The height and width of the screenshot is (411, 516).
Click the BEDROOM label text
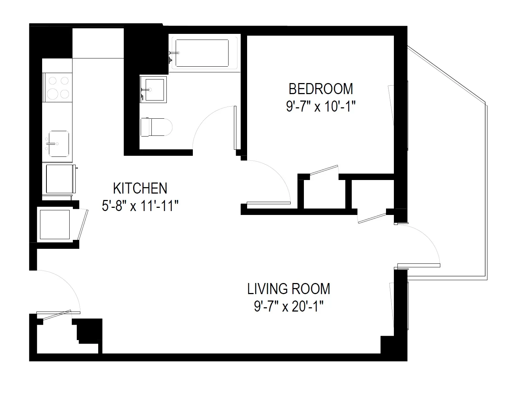(321, 88)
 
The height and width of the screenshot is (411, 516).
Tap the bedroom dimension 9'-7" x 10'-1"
(321, 107)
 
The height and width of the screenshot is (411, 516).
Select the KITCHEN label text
(140, 188)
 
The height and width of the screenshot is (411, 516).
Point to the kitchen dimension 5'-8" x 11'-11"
(140, 206)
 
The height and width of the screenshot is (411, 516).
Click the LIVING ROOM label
(289, 289)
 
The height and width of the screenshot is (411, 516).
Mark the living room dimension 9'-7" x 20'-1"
(289, 307)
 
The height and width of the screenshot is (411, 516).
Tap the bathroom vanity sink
(154, 89)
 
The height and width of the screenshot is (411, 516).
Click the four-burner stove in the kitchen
(57, 87)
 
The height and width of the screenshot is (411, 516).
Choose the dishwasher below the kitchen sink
(59, 178)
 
